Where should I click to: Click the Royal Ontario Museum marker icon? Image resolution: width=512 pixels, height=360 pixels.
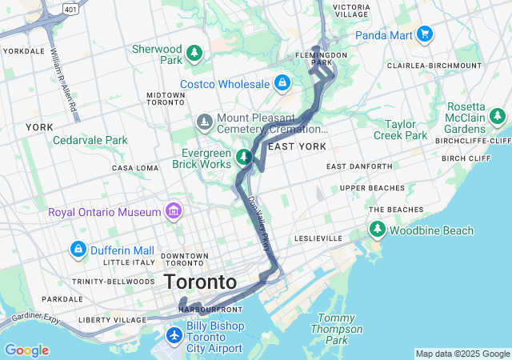(x=173, y=212)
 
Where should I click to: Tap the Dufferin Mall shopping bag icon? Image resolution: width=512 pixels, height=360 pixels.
(x=78, y=248)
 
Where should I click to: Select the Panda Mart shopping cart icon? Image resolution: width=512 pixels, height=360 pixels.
(x=424, y=34)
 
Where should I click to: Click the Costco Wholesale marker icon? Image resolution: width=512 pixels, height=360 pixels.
(x=282, y=82)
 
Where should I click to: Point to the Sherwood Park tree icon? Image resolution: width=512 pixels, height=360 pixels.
(x=194, y=54)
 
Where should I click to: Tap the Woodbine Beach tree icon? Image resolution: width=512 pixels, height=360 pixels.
(x=377, y=230)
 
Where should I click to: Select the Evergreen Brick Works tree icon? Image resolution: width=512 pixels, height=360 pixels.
(x=244, y=156)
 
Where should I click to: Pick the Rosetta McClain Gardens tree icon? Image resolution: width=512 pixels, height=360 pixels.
(x=498, y=118)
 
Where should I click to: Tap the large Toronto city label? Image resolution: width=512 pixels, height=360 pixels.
(x=200, y=282)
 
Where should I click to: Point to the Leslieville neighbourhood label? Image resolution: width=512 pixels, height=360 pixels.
(x=318, y=238)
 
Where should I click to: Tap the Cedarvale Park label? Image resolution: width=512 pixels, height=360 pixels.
(x=90, y=140)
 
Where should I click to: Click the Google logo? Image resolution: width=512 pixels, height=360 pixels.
(x=26, y=350)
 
